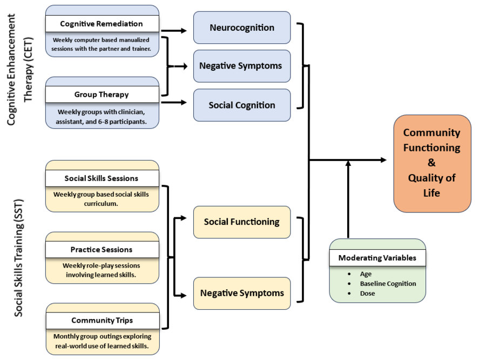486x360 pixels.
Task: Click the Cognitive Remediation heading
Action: pos(102,24)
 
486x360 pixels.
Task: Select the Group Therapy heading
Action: pos(102,95)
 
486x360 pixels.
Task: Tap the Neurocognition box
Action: pos(242,28)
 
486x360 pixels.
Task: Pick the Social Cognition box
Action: pos(242,105)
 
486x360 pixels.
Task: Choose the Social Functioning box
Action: pos(242,222)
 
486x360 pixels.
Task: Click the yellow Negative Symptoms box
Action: pos(242,293)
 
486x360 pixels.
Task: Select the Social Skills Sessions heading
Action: pos(102,178)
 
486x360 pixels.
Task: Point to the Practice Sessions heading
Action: pos(102,250)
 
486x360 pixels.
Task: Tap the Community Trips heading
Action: pos(102,321)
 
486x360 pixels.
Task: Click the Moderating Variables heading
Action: pos(377,258)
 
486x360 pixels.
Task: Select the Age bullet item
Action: pos(366,274)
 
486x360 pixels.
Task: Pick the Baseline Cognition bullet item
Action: pos(388,284)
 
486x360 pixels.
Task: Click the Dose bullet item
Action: pos(367,294)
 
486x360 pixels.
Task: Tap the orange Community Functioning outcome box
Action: pos(432,163)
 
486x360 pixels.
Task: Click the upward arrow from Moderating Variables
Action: pos(348,200)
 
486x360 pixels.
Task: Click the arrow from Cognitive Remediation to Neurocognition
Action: pos(175,31)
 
